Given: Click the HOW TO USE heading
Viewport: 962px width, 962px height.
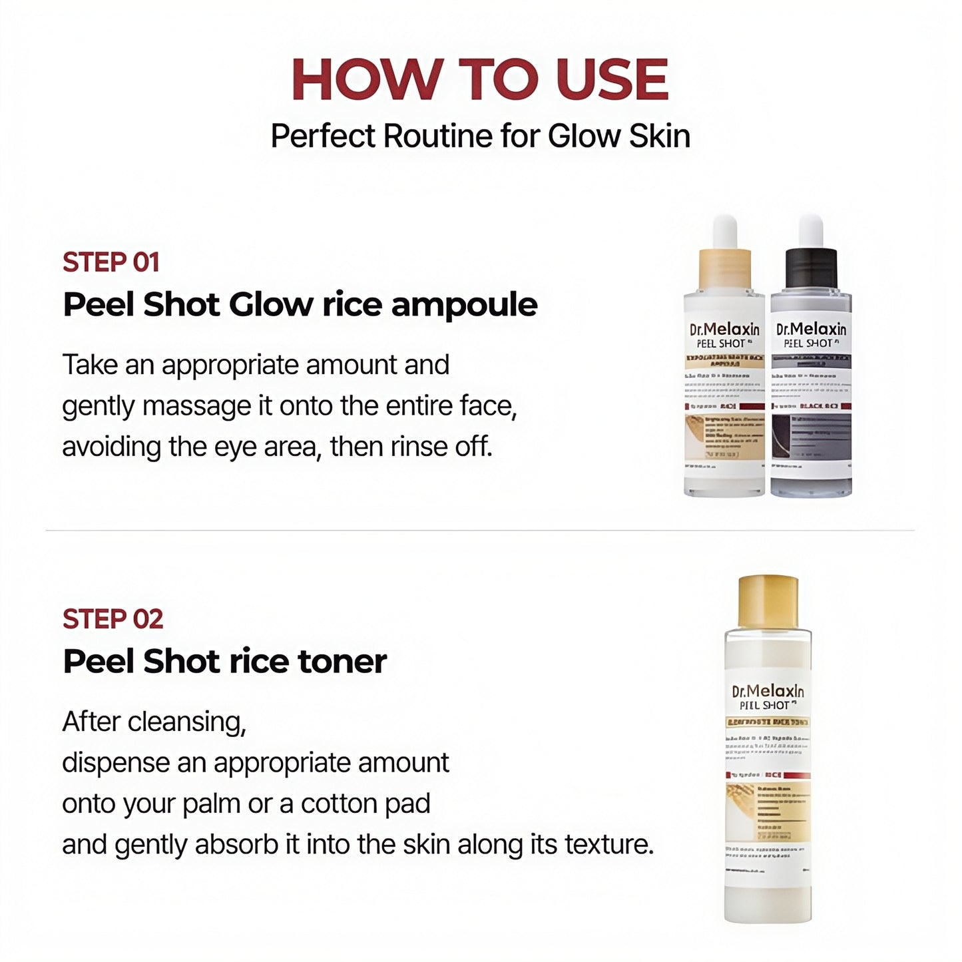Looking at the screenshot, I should coord(480,80).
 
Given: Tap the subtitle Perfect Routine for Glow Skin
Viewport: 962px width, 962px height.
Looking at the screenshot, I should coord(480,136).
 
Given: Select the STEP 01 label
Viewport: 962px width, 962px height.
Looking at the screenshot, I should coord(111,262).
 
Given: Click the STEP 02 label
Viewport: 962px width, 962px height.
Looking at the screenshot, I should coord(113,619).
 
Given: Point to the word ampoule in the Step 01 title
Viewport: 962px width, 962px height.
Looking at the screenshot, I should coord(464,306).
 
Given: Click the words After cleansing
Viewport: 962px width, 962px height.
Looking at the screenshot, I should coord(154,722).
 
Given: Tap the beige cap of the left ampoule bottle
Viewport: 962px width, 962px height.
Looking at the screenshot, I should coord(725,269).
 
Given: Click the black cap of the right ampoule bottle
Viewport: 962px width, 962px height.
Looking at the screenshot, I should coord(811,269).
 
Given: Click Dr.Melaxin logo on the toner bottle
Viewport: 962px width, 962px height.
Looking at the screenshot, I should coord(768,691).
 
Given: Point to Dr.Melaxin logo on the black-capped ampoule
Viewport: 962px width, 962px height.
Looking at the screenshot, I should coord(811,329).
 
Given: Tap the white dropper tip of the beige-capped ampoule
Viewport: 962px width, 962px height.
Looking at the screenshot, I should coord(725,230).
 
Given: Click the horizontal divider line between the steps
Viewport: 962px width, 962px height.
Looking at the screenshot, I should coord(480,531).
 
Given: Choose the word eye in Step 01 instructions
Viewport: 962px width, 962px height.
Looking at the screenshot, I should coord(238,447).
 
